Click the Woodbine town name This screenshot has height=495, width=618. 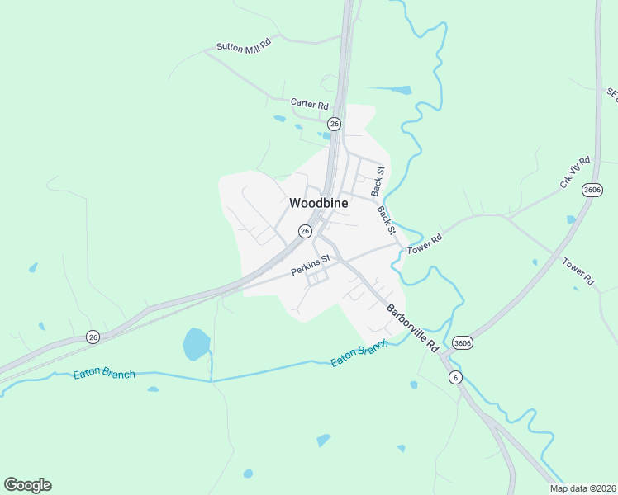(318, 203)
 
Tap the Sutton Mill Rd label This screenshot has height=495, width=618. (244, 47)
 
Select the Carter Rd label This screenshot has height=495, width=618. (309, 105)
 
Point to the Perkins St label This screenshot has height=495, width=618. (310, 265)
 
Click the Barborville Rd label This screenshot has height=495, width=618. (412, 328)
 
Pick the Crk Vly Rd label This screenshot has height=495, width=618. (575, 172)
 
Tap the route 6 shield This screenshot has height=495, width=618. (454, 377)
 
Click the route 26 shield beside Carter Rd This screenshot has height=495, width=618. (334, 124)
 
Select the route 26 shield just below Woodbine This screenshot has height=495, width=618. (305, 232)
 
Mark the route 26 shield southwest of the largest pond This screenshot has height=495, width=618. (93, 337)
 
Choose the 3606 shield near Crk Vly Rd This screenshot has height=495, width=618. (592, 190)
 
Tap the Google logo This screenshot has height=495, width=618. (27, 485)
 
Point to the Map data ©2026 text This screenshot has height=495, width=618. (582, 488)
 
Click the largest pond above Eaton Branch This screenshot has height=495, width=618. (196, 343)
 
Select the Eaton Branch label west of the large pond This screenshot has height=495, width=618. (105, 373)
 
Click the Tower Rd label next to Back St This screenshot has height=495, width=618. (425, 243)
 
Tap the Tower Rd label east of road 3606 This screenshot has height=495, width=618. (578, 271)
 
